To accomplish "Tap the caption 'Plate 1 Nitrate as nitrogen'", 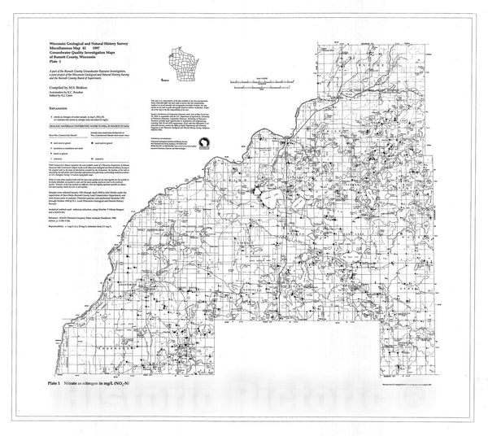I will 97,380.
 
